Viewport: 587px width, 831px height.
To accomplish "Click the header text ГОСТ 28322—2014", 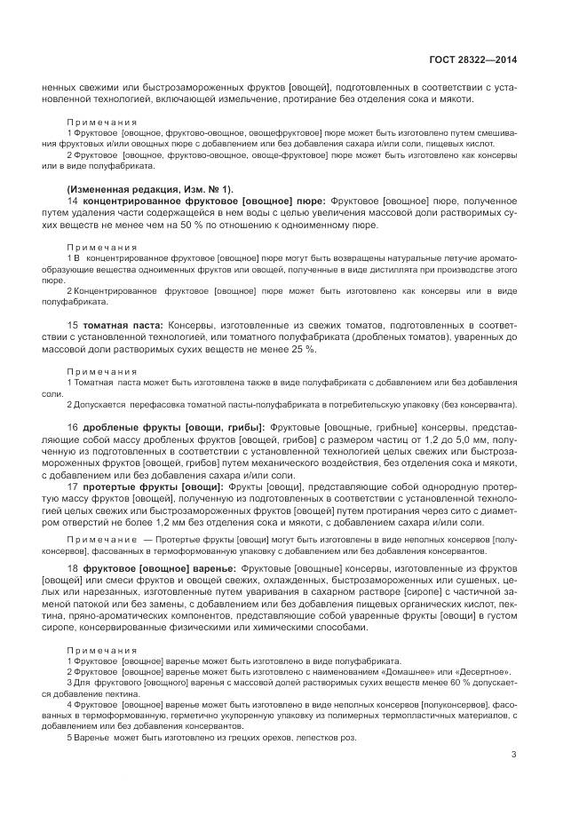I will [472, 59].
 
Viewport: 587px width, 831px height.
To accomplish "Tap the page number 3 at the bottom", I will [514, 756].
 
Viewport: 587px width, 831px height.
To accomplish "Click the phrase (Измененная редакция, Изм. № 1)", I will [149, 189].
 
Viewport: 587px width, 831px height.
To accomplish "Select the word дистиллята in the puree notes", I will [367, 268].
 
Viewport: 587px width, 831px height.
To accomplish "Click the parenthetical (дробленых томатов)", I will [404, 337].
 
